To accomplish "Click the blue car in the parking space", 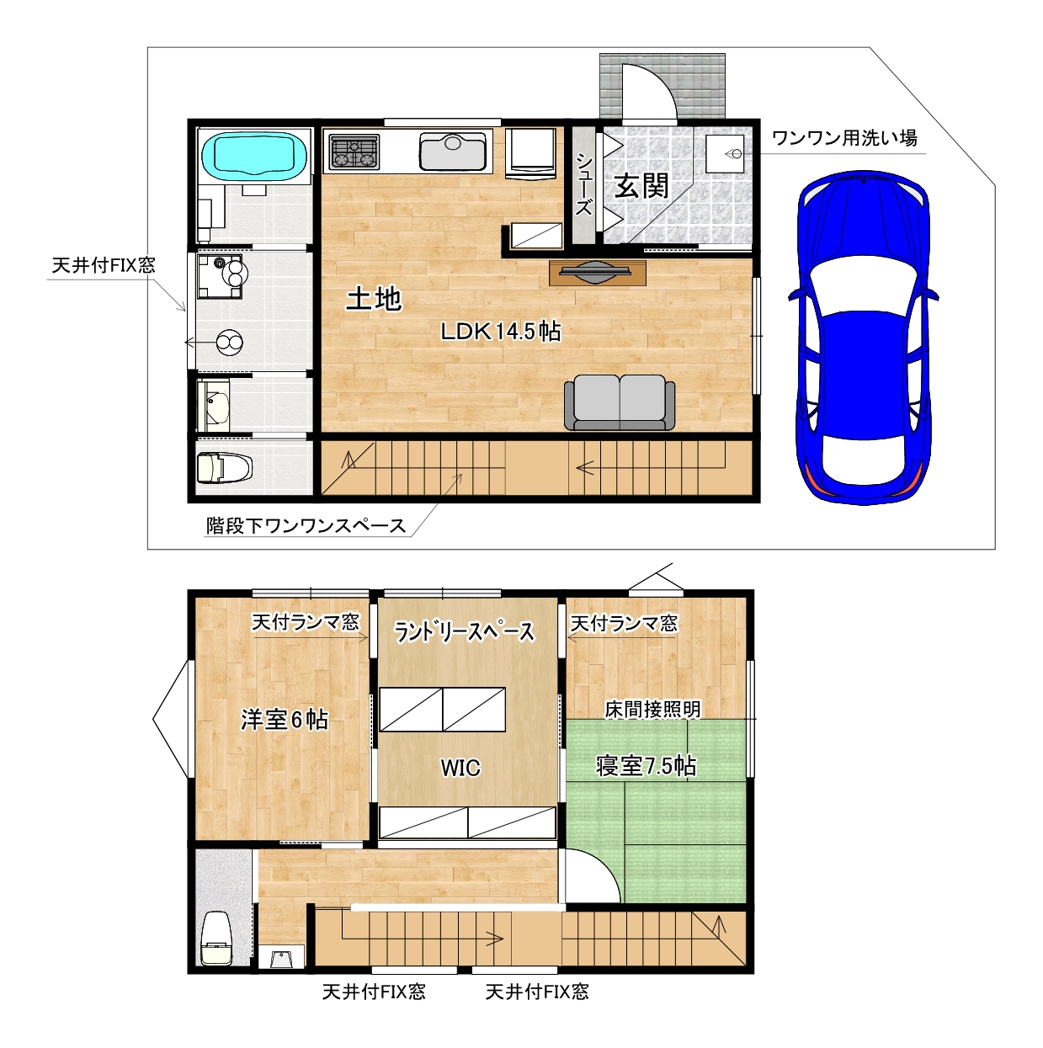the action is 863,338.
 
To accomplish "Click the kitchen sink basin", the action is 453,152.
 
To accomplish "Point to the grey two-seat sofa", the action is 620,402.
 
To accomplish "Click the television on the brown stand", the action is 598,272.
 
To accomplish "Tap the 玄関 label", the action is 642,186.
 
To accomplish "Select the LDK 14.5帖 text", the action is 500,331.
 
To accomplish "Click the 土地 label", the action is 374,299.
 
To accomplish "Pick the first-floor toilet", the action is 224,467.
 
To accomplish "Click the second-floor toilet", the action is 216,939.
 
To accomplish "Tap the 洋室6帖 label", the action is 284,720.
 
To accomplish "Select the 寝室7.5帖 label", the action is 646,766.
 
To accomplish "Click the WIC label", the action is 460,768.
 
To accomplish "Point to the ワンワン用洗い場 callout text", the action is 844,137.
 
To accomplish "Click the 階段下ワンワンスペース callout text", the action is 306,525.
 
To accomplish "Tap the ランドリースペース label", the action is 464,632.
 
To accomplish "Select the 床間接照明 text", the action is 652,709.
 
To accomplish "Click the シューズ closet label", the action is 584,184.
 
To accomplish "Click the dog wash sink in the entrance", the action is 725,154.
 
